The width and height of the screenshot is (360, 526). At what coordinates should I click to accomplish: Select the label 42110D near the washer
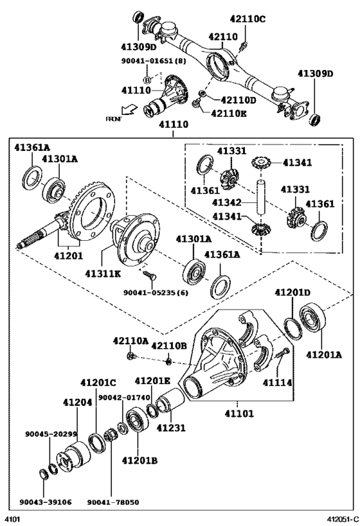click(238, 100)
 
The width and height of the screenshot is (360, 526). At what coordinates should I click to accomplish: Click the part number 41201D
click(293, 292)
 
